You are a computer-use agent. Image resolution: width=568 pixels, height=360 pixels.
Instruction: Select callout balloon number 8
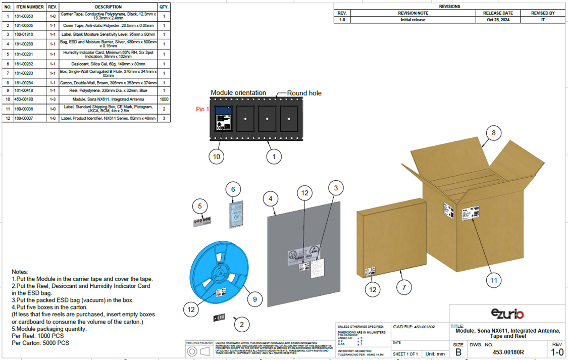point(493,133)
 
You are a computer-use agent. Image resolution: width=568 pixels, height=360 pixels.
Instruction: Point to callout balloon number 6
point(233,189)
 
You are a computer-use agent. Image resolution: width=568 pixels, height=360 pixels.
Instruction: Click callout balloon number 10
point(217,157)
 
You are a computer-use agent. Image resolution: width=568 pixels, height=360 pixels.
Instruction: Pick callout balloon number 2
point(241,324)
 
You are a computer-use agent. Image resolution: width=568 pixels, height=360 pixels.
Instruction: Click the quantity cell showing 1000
point(164,99)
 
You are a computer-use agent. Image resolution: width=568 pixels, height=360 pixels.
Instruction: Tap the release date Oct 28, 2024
point(498,20)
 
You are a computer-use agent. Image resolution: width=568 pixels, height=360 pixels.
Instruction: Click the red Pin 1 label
point(202,109)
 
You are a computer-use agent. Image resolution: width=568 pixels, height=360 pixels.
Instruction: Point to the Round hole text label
point(304,93)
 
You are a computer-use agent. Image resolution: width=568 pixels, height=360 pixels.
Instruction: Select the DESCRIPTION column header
point(108,7)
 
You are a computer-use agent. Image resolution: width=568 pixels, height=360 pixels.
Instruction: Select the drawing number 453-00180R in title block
point(508,352)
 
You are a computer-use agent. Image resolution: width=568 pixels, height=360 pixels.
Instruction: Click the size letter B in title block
point(458,352)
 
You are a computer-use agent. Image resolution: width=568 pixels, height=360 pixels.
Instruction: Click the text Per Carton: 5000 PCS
point(40,343)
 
